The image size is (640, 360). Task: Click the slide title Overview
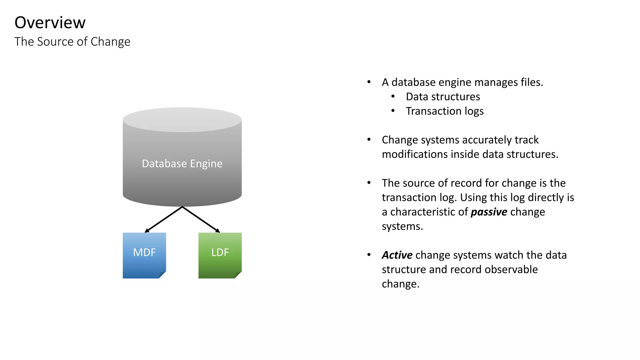[50, 22]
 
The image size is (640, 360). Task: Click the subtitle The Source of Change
[72, 42]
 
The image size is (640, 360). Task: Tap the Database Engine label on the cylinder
[182, 163]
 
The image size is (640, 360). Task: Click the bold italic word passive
[489, 212]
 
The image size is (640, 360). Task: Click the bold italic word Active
[397, 255]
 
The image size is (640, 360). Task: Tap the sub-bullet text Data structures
[443, 97]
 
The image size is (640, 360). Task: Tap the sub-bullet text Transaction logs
[445, 111]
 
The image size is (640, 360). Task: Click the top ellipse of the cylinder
[182, 119]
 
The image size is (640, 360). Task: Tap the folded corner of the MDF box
[162, 275]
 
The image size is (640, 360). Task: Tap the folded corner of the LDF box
[238, 275]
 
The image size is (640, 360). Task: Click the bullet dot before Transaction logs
[393, 111]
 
